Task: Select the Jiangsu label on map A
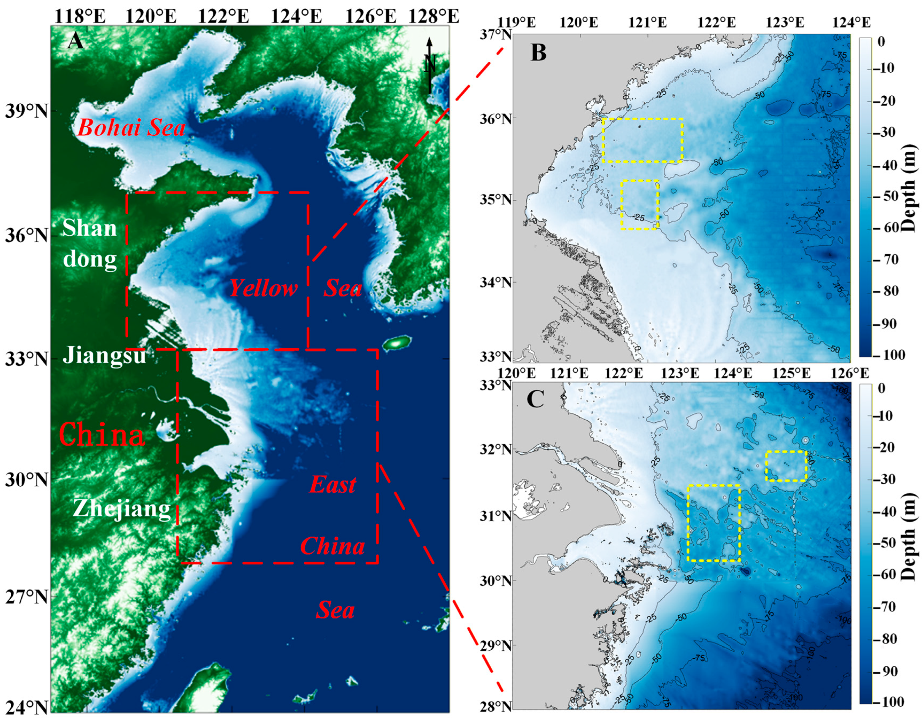click(104, 355)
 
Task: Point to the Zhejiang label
click(121, 509)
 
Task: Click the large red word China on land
click(102, 435)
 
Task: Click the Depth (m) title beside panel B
click(911, 188)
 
